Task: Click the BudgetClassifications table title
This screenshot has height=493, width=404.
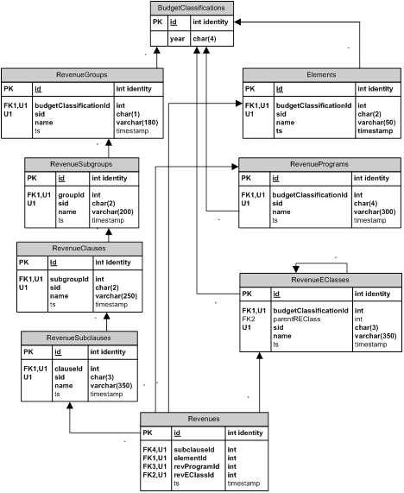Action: [x=192, y=8]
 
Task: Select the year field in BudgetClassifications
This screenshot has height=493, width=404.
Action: [x=177, y=39]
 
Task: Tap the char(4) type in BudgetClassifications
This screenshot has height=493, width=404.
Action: [x=205, y=39]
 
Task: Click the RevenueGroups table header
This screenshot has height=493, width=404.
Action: [x=82, y=75]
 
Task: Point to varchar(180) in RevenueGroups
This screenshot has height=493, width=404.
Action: [x=137, y=123]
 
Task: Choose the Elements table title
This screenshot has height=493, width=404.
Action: [x=322, y=75]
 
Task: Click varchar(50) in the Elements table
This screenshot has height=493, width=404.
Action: [x=376, y=123]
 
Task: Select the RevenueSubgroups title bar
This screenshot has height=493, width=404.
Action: [x=81, y=164]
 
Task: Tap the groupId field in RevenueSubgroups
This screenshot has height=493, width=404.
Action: [x=71, y=195]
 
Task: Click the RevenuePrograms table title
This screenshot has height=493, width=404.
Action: [x=319, y=164]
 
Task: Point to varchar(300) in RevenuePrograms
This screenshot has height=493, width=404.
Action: [x=375, y=212]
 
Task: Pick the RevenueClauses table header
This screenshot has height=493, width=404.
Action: [x=79, y=249]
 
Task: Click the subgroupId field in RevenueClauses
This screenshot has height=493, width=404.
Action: [x=69, y=279]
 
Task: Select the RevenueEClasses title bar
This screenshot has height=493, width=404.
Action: [x=320, y=280]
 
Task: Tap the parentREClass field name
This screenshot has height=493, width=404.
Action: [x=297, y=319]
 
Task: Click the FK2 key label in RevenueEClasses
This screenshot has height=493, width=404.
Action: [x=249, y=319]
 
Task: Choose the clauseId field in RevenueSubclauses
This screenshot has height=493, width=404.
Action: [x=68, y=369]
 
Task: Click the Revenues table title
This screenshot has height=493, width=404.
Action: [x=204, y=419]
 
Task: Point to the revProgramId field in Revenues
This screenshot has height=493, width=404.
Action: [x=197, y=466]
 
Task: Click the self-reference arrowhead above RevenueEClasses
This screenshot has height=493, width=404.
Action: [x=296, y=269]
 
